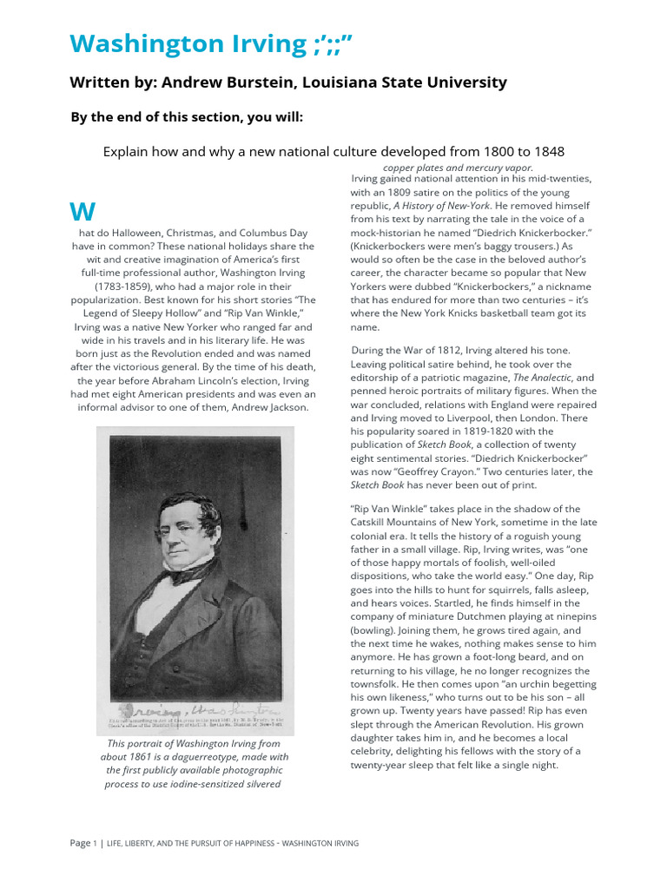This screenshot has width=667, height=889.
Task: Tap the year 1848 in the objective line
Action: point(547,151)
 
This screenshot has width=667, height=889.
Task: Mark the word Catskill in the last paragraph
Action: point(373,522)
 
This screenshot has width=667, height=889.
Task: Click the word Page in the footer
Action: point(80,843)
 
